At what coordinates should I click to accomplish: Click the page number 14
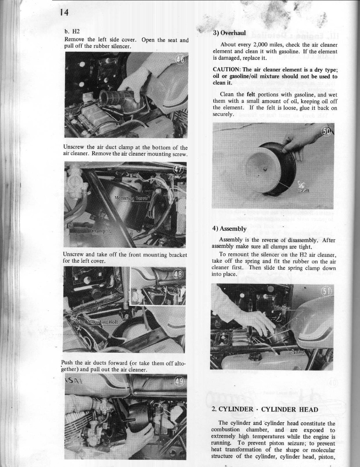tap(65, 12)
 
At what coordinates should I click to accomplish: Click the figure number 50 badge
tap(326, 132)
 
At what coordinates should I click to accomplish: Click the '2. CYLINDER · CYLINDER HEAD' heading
tap(265, 409)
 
